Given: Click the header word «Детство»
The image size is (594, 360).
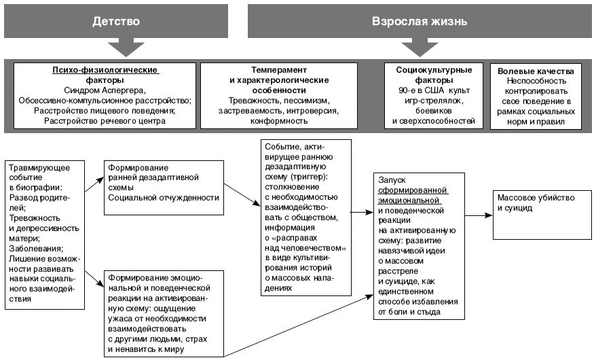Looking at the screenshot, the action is (116, 21).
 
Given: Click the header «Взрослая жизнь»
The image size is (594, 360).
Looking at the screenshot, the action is (420, 21).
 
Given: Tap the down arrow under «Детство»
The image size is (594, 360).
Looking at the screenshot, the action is (126, 48).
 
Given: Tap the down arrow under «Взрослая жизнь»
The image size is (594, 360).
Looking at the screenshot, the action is (420, 48).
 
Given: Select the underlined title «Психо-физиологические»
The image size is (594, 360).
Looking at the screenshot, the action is (105, 70).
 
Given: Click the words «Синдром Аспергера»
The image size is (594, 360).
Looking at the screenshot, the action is (105, 90).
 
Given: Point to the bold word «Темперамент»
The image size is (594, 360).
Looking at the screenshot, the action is (279, 70).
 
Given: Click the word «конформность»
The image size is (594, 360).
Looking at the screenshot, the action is (279, 122).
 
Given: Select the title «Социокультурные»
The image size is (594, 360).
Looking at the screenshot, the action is (434, 70).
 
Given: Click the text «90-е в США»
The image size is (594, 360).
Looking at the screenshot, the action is (421, 90).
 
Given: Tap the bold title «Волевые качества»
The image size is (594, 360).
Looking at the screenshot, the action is (536, 71).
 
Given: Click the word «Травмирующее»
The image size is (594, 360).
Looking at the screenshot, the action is (39, 168).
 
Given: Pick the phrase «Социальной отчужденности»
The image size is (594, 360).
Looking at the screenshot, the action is (164, 198).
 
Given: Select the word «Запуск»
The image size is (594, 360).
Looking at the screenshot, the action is (392, 180).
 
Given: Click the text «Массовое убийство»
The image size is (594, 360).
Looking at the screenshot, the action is (536, 198).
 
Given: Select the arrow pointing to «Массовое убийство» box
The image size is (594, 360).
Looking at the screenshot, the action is (479, 215).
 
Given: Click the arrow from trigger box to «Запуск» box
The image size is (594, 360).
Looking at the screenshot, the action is (363, 212).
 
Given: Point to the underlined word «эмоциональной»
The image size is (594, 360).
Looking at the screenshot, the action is (409, 200).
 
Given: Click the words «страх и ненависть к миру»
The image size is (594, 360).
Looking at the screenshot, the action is (157, 344).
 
